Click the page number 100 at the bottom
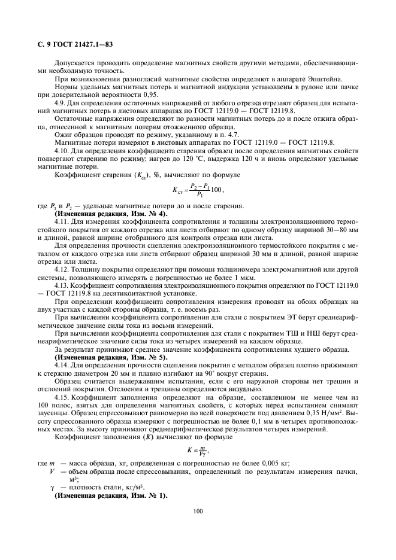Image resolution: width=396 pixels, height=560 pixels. pos(198,510)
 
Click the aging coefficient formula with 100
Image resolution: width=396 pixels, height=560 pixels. pos(197,191)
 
